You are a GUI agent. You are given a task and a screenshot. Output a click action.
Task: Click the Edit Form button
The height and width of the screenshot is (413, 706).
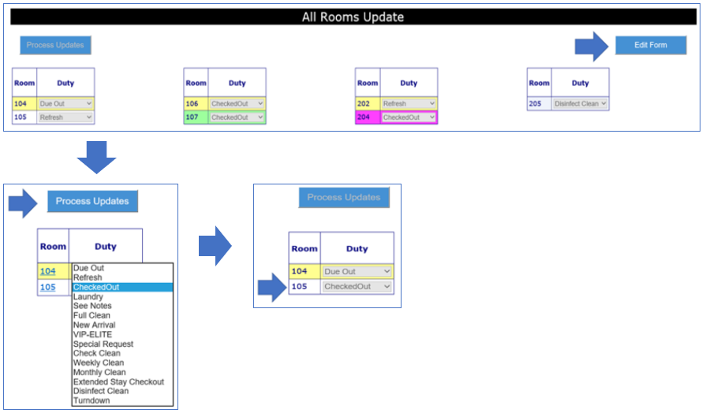point(651,45)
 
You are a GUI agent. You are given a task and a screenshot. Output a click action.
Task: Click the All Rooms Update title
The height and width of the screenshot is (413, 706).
point(353,17)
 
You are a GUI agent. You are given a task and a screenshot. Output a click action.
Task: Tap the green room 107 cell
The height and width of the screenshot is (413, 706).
point(196,117)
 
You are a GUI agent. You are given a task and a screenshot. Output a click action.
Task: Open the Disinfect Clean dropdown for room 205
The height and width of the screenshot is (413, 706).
point(581,103)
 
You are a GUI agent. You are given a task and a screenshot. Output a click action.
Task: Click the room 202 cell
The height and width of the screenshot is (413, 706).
point(368,103)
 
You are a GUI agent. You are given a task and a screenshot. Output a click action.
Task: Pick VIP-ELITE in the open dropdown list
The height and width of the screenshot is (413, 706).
point(93,334)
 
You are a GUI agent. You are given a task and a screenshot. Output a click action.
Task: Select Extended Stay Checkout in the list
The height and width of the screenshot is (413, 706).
point(119,381)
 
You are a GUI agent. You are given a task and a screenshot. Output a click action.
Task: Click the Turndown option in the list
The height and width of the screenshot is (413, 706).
point(92,400)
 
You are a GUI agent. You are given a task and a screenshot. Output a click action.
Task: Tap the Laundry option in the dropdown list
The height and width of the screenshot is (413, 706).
point(88,296)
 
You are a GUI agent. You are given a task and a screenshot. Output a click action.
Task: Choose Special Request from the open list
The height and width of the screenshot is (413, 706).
point(103,344)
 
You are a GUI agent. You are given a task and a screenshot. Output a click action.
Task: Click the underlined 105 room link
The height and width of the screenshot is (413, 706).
point(48,287)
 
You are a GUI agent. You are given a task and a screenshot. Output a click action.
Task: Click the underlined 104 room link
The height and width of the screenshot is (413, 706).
point(48,271)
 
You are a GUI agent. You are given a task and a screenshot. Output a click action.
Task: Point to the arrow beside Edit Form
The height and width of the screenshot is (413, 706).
point(592,47)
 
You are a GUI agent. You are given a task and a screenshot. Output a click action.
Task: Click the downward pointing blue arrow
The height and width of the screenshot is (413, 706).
point(96,158)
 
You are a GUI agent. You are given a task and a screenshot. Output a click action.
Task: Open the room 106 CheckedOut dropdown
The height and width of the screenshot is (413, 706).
point(237,103)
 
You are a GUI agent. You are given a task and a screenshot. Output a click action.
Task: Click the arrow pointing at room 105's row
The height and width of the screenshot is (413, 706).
point(272,287)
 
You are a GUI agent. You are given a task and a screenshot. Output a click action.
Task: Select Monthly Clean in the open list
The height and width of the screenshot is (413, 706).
point(99,372)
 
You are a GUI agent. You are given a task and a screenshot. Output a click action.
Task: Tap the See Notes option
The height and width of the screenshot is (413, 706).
point(92,306)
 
